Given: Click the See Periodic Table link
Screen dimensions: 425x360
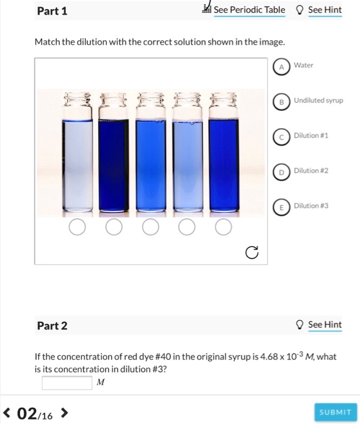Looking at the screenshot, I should tap(249, 10).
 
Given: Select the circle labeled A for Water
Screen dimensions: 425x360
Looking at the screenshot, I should tap(281, 66).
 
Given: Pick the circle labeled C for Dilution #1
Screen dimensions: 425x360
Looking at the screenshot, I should tap(281, 137).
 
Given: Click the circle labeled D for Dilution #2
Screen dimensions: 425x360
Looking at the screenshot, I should tap(281, 172).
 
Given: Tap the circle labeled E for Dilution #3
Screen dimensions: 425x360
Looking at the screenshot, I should tap(281, 207).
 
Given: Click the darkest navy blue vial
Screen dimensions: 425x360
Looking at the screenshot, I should tap(113, 165).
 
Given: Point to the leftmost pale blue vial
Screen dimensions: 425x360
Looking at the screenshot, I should tap(77, 165).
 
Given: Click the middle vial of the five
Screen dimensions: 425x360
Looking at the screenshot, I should tap(150, 165).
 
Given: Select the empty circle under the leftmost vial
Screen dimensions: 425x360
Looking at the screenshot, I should tap(77, 227).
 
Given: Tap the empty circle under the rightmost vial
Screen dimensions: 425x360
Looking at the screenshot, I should tap(224, 227).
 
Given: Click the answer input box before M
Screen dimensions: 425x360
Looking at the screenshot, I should tap(67, 382).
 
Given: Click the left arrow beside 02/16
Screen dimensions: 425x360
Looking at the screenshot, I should tap(7, 415).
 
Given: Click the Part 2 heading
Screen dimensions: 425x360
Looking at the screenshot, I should tap(52, 326).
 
